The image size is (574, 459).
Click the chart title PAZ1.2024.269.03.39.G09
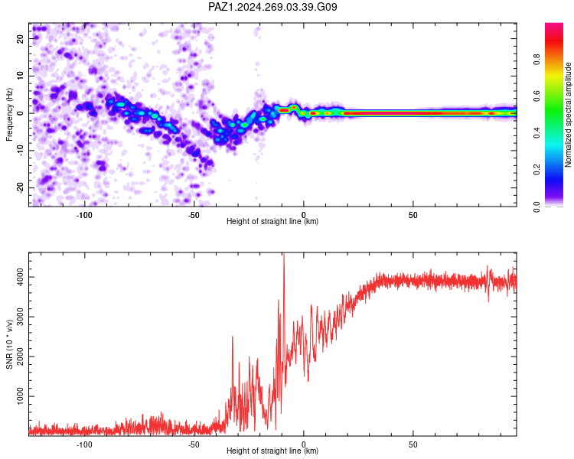(272, 7)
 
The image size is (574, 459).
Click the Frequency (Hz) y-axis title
(9, 115)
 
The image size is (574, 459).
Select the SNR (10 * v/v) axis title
(9, 344)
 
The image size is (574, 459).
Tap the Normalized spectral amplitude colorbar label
(568, 115)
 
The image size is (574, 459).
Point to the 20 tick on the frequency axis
(21, 38)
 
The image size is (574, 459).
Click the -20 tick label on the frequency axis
(21, 188)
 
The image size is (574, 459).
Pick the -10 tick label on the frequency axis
(21, 150)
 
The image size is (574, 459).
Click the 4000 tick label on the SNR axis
(21, 277)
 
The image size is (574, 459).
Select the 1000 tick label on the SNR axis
(21, 396)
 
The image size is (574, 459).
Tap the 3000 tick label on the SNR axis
(21, 317)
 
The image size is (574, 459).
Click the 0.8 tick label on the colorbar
(536, 60)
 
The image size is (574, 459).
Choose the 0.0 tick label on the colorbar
(536, 207)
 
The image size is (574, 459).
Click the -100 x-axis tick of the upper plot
(84, 215)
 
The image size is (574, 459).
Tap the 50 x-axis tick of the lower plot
(413, 444)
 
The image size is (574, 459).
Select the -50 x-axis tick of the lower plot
(194, 444)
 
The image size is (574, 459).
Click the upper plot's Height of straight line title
(272, 221)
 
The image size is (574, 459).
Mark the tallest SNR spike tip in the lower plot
(284, 253)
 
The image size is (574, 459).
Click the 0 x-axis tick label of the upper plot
(304, 215)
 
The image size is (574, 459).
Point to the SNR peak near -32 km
(233, 337)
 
